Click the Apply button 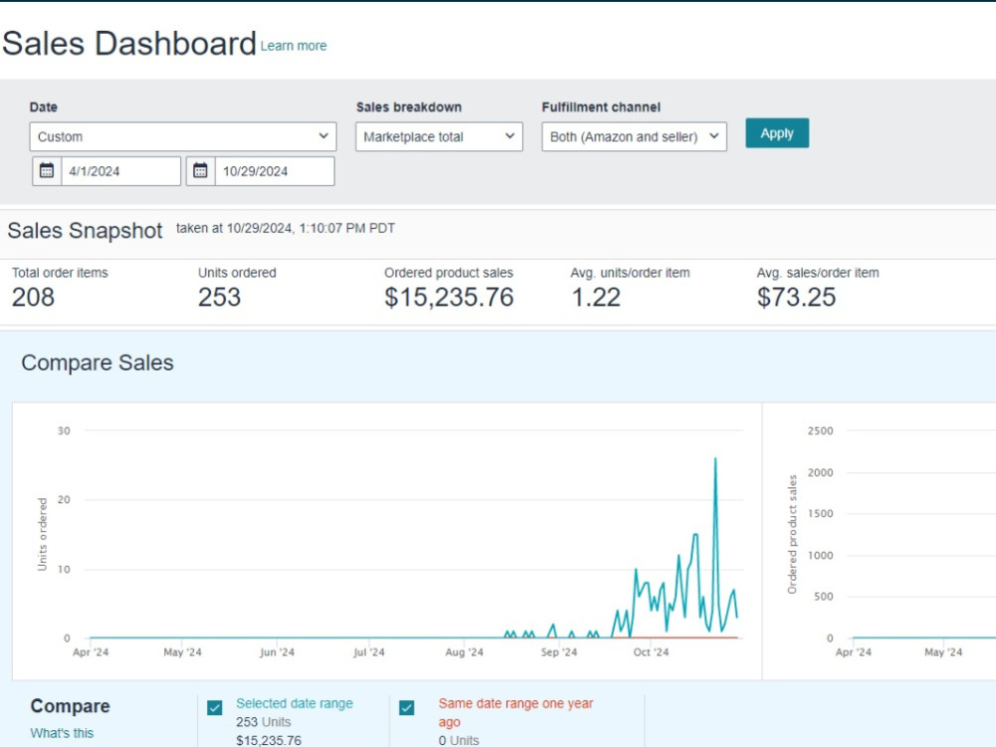click(777, 132)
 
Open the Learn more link click(294, 46)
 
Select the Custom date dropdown click(183, 136)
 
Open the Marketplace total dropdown click(439, 136)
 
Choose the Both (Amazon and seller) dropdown click(633, 136)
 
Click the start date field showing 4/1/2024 click(121, 171)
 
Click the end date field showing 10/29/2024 click(275, 171)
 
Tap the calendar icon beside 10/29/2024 click(200, 170)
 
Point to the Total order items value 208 click(33, 297)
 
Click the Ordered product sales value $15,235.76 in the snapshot click(449, 297)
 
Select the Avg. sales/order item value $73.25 click(797, 297)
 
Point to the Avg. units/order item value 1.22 click(596, 297)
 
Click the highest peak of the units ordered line click(715, 458)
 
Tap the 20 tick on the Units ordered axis click(64, 499)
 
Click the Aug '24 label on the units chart click(464, 651)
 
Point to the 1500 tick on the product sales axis click(820, 513)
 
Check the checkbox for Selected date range click(215, 707)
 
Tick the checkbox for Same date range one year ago click(406, 707)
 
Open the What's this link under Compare click(62, 733)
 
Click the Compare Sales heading click(98, 363)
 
